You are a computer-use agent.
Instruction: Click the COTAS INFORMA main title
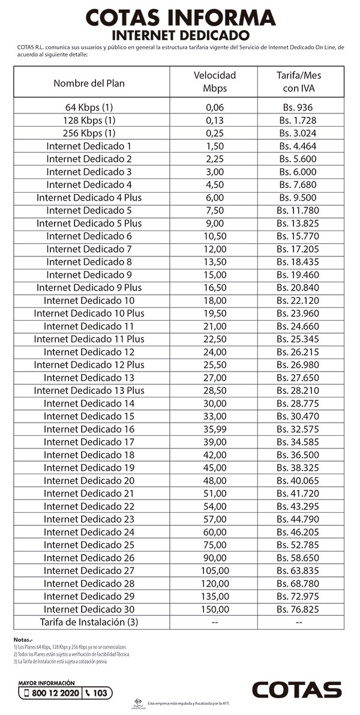pos(180,17)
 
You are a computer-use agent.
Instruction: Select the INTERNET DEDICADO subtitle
pos(180,34)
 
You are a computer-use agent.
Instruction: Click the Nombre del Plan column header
pos(89,83)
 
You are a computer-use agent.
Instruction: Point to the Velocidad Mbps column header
pos(214,82)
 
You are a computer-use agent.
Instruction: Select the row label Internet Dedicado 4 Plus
pos(89,198)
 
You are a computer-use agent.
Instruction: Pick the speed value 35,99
pos(214,429)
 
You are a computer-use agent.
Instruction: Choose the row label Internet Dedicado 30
pos(89,609)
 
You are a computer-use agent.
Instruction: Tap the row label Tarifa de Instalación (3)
pos(89,622)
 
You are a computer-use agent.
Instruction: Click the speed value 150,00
pos(214,609)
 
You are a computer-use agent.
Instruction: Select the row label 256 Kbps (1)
pos(89,133)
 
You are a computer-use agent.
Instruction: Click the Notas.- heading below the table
pos(23,641)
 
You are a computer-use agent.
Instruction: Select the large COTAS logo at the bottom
pos(296,690)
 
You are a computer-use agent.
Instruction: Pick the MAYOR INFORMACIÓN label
pos(47,683)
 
